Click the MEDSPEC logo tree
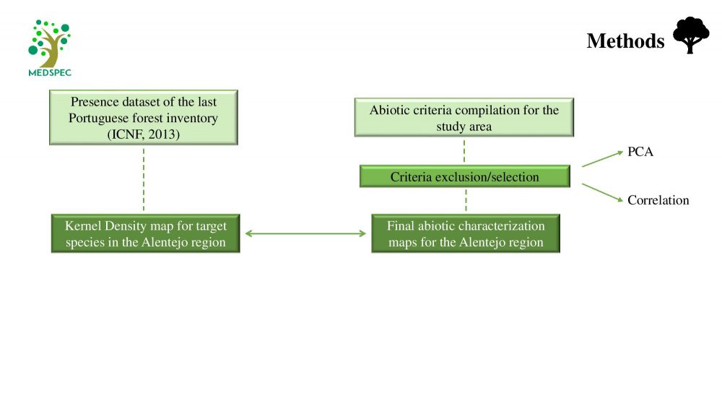pos(49,44)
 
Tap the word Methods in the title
pos(625,41)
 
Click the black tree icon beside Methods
pos(691,35)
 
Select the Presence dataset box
pos(144,118)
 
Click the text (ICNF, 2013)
pos(144,134)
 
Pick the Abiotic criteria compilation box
pos(464,118)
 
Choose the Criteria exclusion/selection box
pos(464,176)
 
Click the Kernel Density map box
pos(146,234)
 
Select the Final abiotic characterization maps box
pos(466,234)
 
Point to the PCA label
pos(640,152)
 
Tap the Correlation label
pos(658,200)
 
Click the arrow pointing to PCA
pos(602,158)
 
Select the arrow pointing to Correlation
pos(602,193)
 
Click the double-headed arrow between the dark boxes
pos(305,234)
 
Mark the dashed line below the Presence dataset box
pos(144,180)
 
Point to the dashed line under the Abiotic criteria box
pos(464,151)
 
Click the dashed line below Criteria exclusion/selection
pos(466,200)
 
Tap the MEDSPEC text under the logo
pos(50,73)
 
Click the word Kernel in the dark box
pos(83,226)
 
